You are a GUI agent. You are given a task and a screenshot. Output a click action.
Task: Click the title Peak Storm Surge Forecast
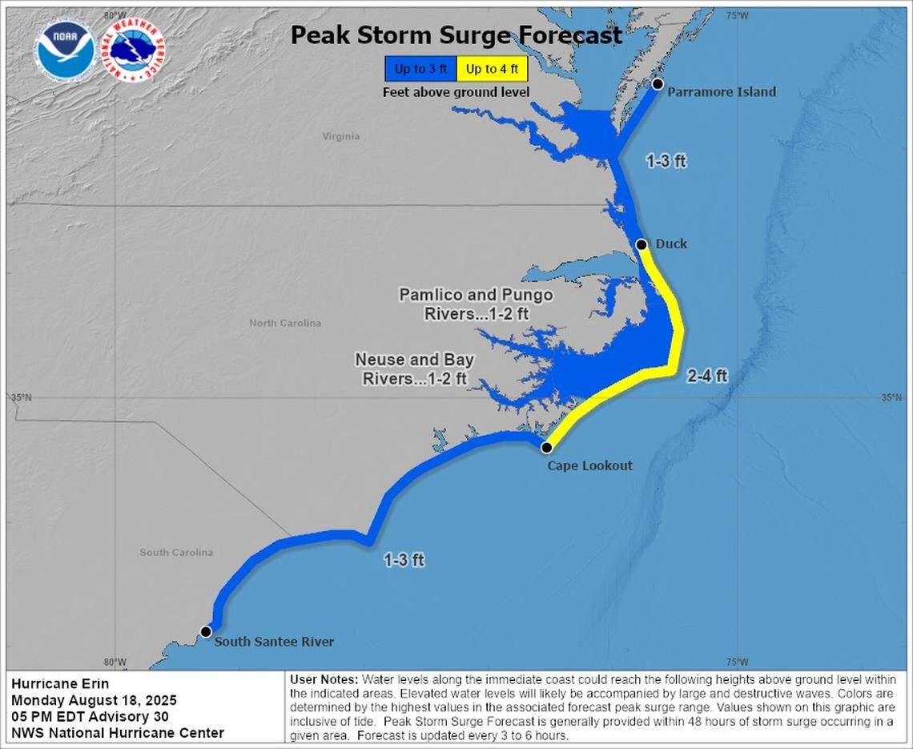[x=456, y=35]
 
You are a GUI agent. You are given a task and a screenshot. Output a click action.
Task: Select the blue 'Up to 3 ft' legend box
[x=420, y=69]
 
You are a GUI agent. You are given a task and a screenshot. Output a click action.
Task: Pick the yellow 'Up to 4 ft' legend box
[x=492, y=69]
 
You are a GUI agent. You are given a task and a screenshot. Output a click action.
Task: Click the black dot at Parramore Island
[x=658, y=84]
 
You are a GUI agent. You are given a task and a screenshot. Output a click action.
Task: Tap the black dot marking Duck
[x=642, y=244]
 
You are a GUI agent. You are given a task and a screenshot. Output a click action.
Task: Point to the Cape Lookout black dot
[x=546, y=447]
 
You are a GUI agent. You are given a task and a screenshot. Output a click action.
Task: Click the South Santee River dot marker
[x=206, y=631]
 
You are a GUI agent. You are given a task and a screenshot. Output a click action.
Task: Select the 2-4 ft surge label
[x=707, y=375]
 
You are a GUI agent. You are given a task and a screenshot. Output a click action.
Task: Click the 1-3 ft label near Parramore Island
[x=666, y=161]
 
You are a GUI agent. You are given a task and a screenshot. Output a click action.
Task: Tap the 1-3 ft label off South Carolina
[x=404, y=560]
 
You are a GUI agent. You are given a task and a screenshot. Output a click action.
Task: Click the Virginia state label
[x=341, y=136]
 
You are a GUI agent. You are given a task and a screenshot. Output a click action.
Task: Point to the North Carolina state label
[x=285, y=323]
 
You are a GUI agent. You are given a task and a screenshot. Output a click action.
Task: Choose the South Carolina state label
[x=176, y=552]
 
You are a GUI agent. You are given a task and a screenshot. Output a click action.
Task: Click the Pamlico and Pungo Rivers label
[x=476, y=304]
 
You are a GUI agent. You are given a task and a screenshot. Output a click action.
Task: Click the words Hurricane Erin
[x=60, y=683]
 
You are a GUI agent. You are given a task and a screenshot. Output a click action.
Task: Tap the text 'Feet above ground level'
[x=456, y=92]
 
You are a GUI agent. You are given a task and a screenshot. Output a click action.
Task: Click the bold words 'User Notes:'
[x=324, y=679]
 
